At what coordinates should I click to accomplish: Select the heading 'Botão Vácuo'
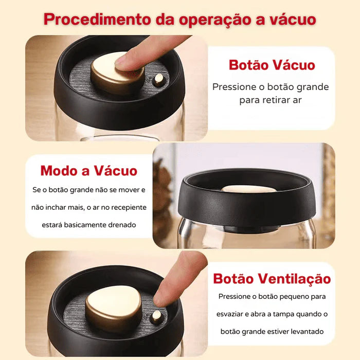272,65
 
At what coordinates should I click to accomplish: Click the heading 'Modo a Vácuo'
89,171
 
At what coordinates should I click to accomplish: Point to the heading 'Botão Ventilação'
272,279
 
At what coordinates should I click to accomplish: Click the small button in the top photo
159,79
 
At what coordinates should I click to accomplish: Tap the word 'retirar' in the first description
276,100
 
